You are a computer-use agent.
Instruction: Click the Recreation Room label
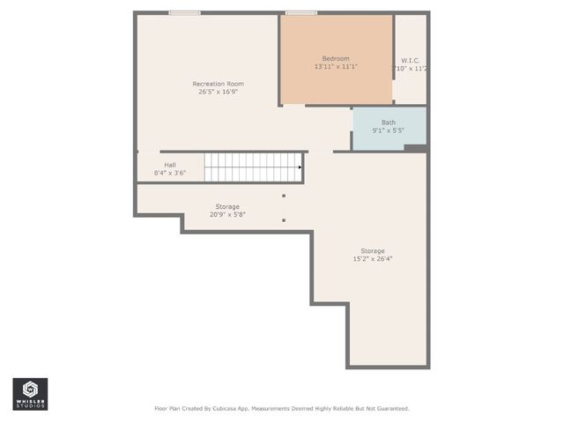[x=218, y=84]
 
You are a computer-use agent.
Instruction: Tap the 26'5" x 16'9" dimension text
[x=218, y=92]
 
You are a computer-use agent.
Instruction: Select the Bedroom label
[x=336, y=59]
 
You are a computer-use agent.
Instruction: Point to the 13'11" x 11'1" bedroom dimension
[x=336, y=67]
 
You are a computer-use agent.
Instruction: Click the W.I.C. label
[x=410, y=61]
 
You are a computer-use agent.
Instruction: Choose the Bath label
[x=389, y=122]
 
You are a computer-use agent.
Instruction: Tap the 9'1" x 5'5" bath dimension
[x=389, y=130]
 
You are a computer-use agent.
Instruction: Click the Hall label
[x=169, y=165]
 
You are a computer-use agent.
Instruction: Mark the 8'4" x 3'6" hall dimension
[x=169, y=173]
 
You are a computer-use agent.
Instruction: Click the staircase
[x=253, y=167]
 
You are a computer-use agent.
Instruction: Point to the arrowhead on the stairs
[x=301, y=167]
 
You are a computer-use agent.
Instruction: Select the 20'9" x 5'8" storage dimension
[x=227, y=214]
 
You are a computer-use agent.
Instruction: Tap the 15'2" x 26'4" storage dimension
[x=372, y=259]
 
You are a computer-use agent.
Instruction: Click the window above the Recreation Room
[x=184, y=13]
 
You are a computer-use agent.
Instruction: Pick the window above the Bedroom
[x=301, y=13]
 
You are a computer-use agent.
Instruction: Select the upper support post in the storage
[x=284, y=196]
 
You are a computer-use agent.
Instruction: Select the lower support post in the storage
[x=284, y=220]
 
